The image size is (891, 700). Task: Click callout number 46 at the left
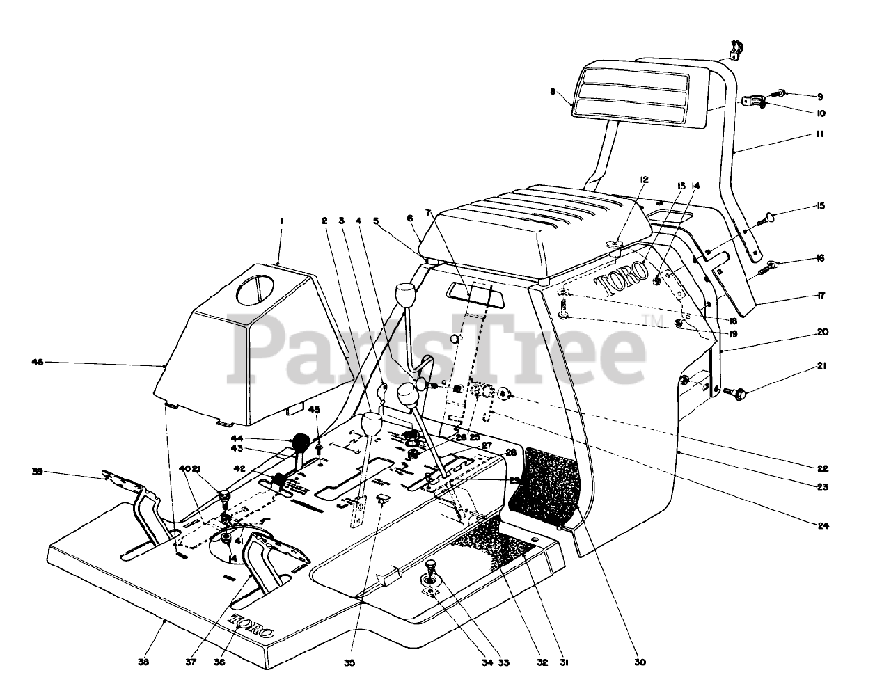[x=38, y=362]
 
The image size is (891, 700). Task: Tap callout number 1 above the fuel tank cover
[x=281, y=221]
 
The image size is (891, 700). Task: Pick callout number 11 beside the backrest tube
[x=819, y=134]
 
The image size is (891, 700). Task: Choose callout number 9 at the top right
[x=820, y=96]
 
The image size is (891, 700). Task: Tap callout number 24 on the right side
[x=823, y=526]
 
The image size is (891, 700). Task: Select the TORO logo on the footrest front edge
[x=251, y=626]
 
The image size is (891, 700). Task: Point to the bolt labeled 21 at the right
[x=736, y=394]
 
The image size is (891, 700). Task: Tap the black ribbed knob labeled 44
[x=301, y=442]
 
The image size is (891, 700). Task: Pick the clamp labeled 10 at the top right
[x=752, y=102]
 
